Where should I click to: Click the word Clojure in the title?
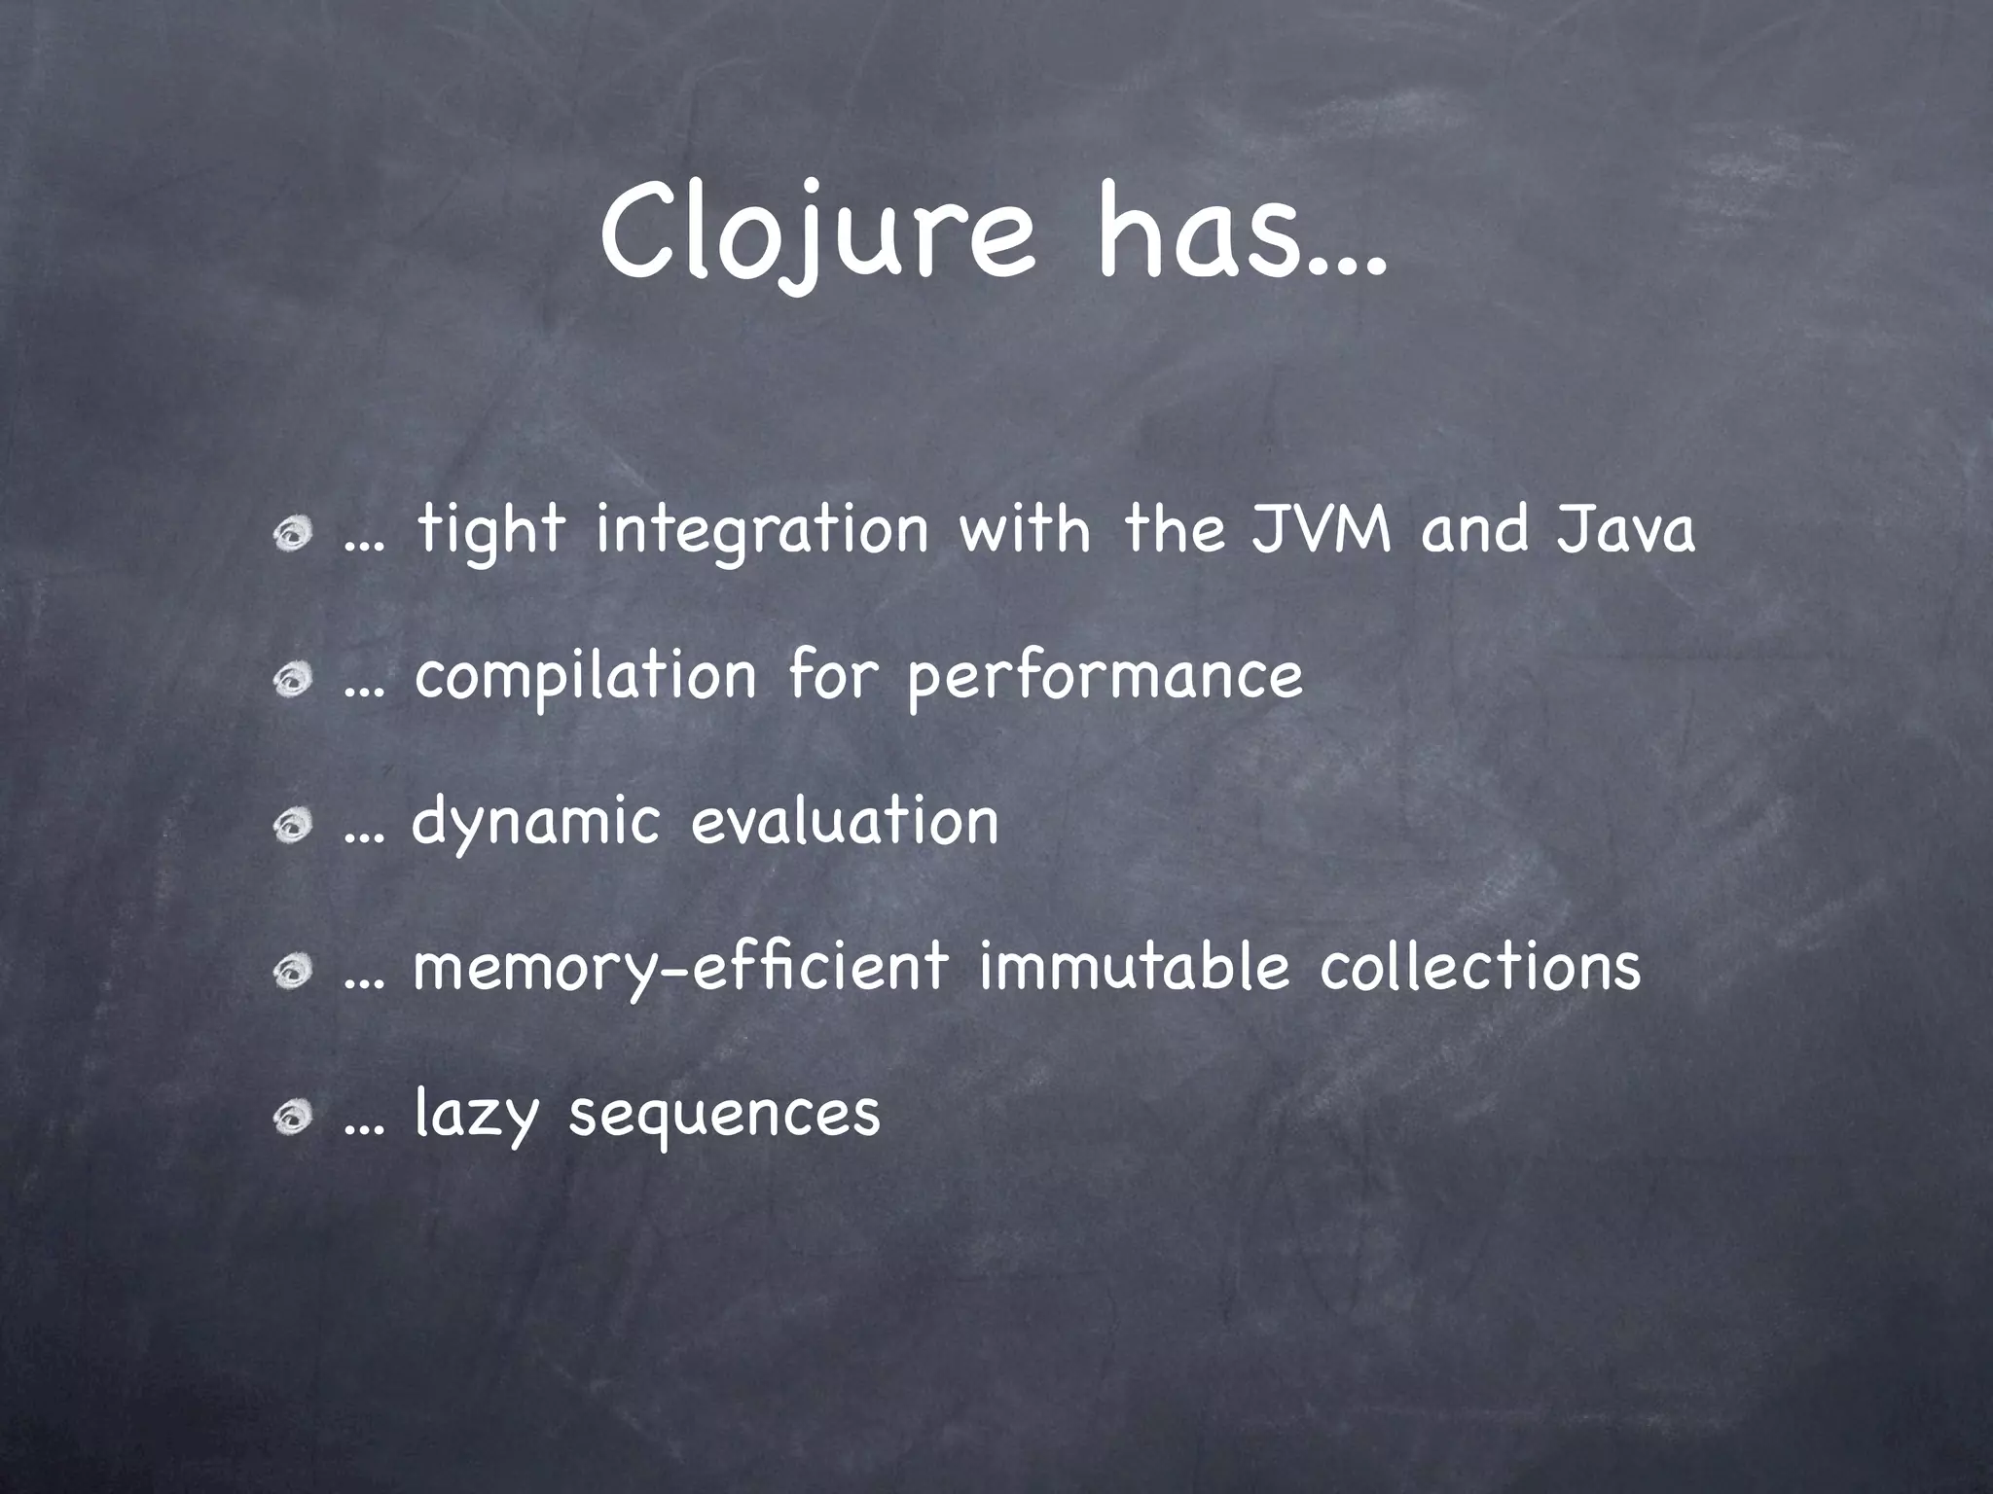click(816, 238)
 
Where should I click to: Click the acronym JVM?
click(1321, 530)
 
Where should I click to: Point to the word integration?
click(762, 533)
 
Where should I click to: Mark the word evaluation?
click(845, 822)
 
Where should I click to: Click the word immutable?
click(1134, 967)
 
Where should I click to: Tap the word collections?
click(1480, 967)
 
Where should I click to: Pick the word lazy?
click(476, 1115)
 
